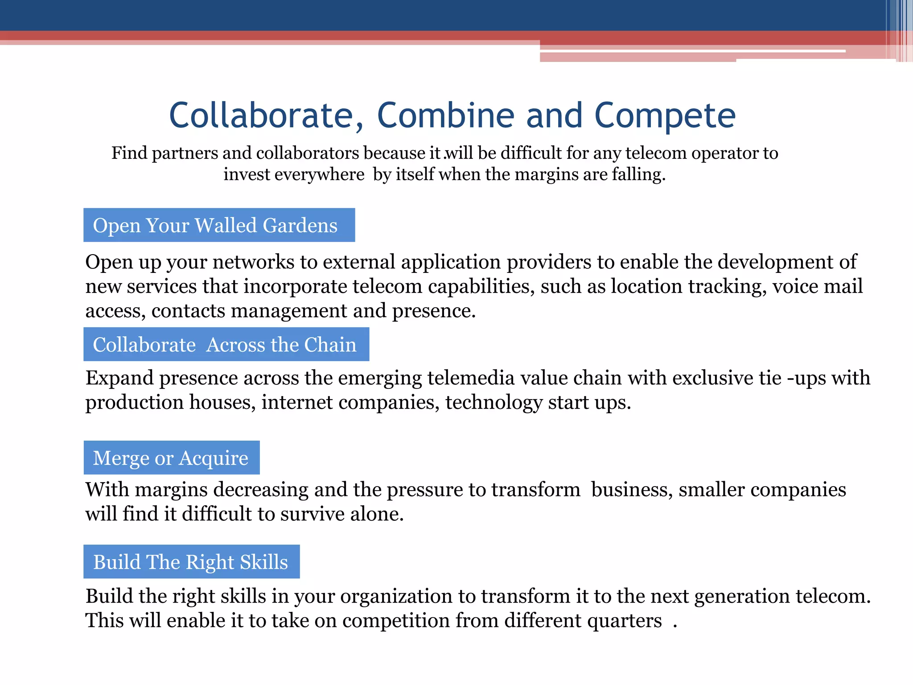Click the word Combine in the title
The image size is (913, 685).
(446, 116)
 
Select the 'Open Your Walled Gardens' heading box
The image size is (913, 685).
(219, 225)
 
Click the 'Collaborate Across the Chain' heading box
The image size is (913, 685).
(226, 344)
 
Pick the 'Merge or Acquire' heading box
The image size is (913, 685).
(172, 458)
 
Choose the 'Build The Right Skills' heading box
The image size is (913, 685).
(191, 561)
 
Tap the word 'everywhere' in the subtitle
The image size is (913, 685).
(319, 174)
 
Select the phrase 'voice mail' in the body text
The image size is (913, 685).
(818, 286)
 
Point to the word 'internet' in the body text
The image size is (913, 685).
(297, 403)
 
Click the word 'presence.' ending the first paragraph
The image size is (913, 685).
(434, 311)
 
